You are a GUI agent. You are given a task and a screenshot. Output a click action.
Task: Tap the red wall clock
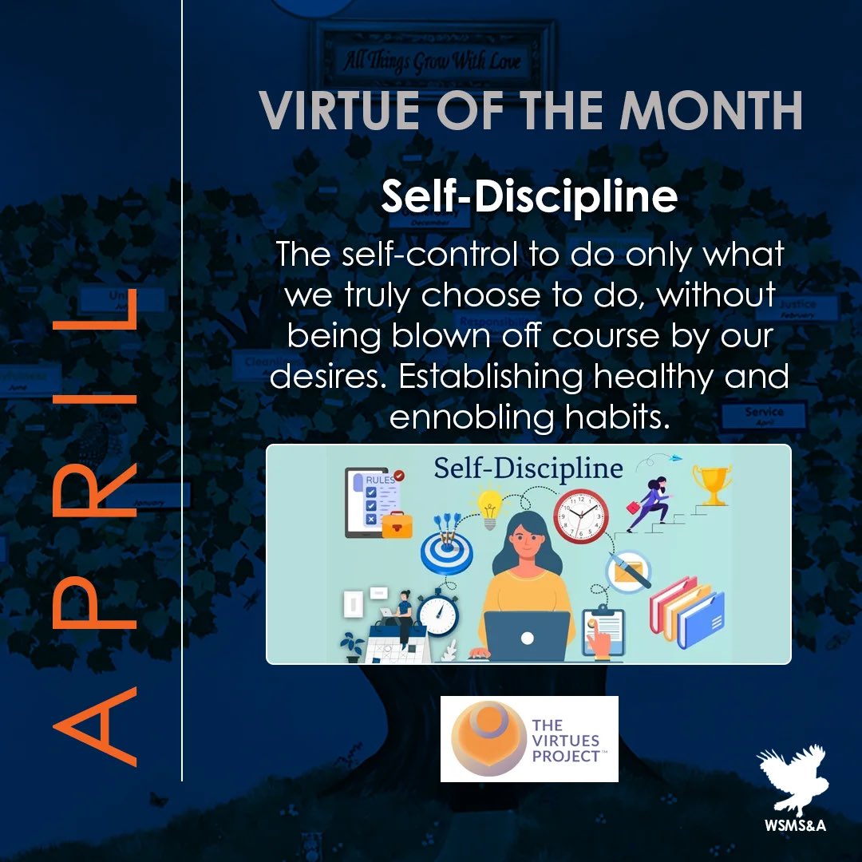pyautogui.click(x=580, y=516)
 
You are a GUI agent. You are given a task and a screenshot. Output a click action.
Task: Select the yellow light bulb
pyautogui.click(x=489, y=505)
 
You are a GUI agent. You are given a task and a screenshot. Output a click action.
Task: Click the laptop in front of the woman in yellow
pyautogui.click(x=526, y=635)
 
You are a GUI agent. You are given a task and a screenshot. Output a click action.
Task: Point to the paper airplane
pyautogui.click(x=678, y=458)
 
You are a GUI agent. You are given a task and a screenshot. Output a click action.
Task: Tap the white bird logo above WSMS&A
pyautogui.click(x=790, y=773)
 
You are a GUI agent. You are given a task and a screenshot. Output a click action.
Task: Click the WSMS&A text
pyautogui.click(x=793, y=825)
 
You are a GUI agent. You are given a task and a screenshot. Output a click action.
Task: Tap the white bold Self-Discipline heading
pyautogui.click(x=528, y=196)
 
